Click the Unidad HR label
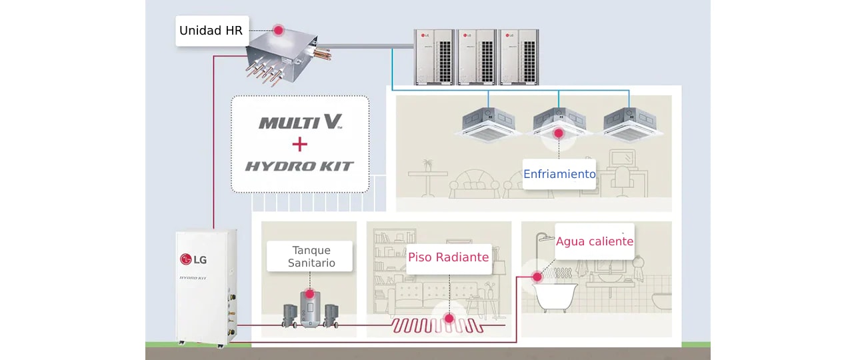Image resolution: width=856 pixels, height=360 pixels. click(211, 31)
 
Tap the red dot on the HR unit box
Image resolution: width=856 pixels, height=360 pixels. click(279, 31)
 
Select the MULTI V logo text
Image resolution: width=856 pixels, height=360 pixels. click(300, 122)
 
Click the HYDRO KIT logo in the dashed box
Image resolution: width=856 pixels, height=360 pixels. click(299, 166)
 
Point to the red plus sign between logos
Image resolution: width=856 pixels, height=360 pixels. click(300, 144)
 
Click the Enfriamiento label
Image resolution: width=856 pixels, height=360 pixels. click(559, 174)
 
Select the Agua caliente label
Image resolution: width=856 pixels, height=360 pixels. click(594, 241)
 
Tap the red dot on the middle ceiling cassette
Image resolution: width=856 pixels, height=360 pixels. click(559, 133)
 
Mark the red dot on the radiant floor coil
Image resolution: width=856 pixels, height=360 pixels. click(449, 319)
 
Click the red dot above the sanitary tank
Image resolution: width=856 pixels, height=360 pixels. click(309, 293)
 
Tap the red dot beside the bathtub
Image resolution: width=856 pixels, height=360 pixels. click(537, 276)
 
